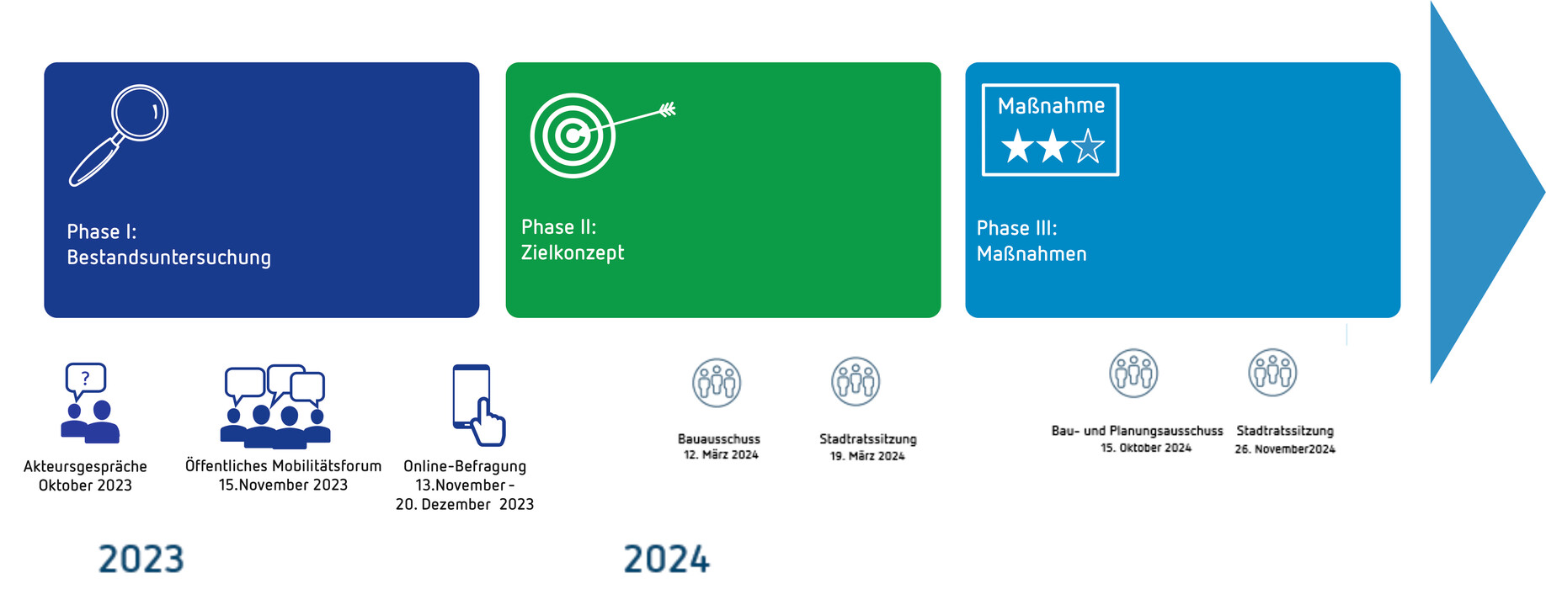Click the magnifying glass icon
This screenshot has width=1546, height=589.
118,135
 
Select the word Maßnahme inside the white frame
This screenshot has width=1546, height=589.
1051,106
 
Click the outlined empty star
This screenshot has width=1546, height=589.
1088,146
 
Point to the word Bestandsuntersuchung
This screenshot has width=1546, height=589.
169,257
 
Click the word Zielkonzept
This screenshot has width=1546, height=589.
573,252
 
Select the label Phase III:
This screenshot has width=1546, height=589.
1016,228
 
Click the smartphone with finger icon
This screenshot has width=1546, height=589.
478,405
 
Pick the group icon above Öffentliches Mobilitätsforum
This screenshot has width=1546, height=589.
275,406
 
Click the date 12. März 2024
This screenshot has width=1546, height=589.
721,455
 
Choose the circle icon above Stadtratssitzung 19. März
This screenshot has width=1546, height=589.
856,381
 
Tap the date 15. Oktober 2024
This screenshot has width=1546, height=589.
1146,448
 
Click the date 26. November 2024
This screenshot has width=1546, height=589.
1285,449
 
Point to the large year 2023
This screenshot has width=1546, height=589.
141,560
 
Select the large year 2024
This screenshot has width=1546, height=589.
667,560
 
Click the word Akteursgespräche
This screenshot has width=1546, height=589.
85,466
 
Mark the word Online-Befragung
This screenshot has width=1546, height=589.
465,466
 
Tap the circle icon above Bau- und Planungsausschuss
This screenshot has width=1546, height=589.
1133,373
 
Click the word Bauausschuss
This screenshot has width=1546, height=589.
719,439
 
